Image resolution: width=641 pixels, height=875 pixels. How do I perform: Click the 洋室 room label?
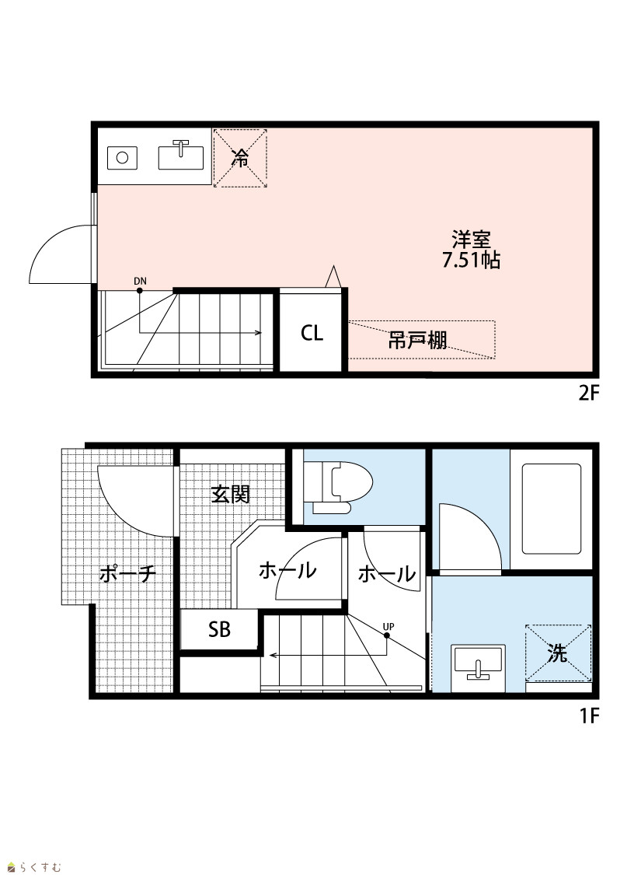click(471, 240)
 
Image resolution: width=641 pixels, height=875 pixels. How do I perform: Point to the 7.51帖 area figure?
click(471, 261)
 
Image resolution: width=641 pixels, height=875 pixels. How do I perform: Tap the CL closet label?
click(312, 333)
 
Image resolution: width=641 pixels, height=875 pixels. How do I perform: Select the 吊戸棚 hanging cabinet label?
click(417, 340)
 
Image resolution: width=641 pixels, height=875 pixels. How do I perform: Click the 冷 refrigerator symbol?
click(240, 158)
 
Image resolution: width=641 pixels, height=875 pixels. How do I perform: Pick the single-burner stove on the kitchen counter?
click(122, 157)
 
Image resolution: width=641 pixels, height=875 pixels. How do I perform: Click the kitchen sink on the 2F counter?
click(180, 155)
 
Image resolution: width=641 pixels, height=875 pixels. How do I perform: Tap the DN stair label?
click(141, 282)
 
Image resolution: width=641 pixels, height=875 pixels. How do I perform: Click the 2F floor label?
click(588, 394)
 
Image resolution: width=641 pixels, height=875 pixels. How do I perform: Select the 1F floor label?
click(589, 716)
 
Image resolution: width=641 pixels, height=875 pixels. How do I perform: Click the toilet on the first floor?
click(342, 486)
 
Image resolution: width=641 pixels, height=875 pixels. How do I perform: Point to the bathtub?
click(552, 509)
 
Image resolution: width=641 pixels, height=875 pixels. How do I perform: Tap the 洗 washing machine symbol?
click(558, 653)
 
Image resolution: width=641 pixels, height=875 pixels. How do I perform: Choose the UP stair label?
click(388, 627)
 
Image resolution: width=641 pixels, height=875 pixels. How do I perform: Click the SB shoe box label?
click(219, 629)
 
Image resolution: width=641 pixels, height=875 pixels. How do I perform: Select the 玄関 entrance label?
click(230, 494)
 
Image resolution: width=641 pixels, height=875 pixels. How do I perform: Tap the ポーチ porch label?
click(127, 572)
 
